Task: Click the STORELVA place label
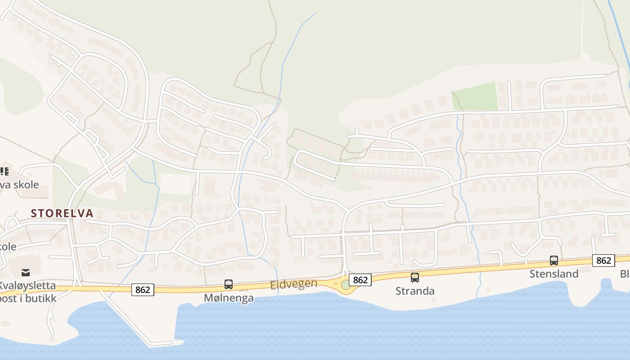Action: (62, 213)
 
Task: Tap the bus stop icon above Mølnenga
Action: (229, 284)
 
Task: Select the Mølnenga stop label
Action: (229, 298)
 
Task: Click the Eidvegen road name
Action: (294, 284)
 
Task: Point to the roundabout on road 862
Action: (346, 285)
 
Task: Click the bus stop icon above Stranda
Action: (415, 278)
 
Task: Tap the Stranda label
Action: (415, 291)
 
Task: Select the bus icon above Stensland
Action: (554, 260)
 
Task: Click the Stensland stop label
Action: (554, 274)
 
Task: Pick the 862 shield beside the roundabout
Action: (360, 280)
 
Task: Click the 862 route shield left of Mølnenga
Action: (143, 290)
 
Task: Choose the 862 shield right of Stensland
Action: (603, 261)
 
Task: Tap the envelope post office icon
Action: (26, 272)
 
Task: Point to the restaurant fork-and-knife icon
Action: (4, 171)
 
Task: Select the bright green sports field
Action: (475, 97)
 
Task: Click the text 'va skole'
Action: (19, 184)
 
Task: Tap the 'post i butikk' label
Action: (28, 298)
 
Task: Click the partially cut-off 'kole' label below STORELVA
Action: (8, 247)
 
